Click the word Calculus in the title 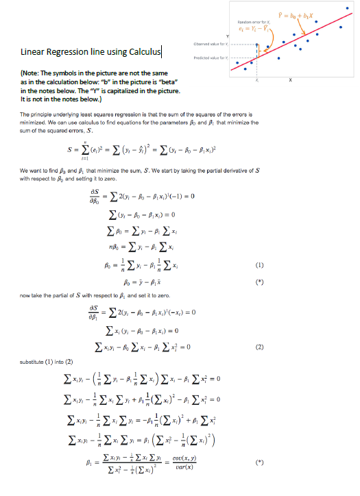point(143,52)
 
